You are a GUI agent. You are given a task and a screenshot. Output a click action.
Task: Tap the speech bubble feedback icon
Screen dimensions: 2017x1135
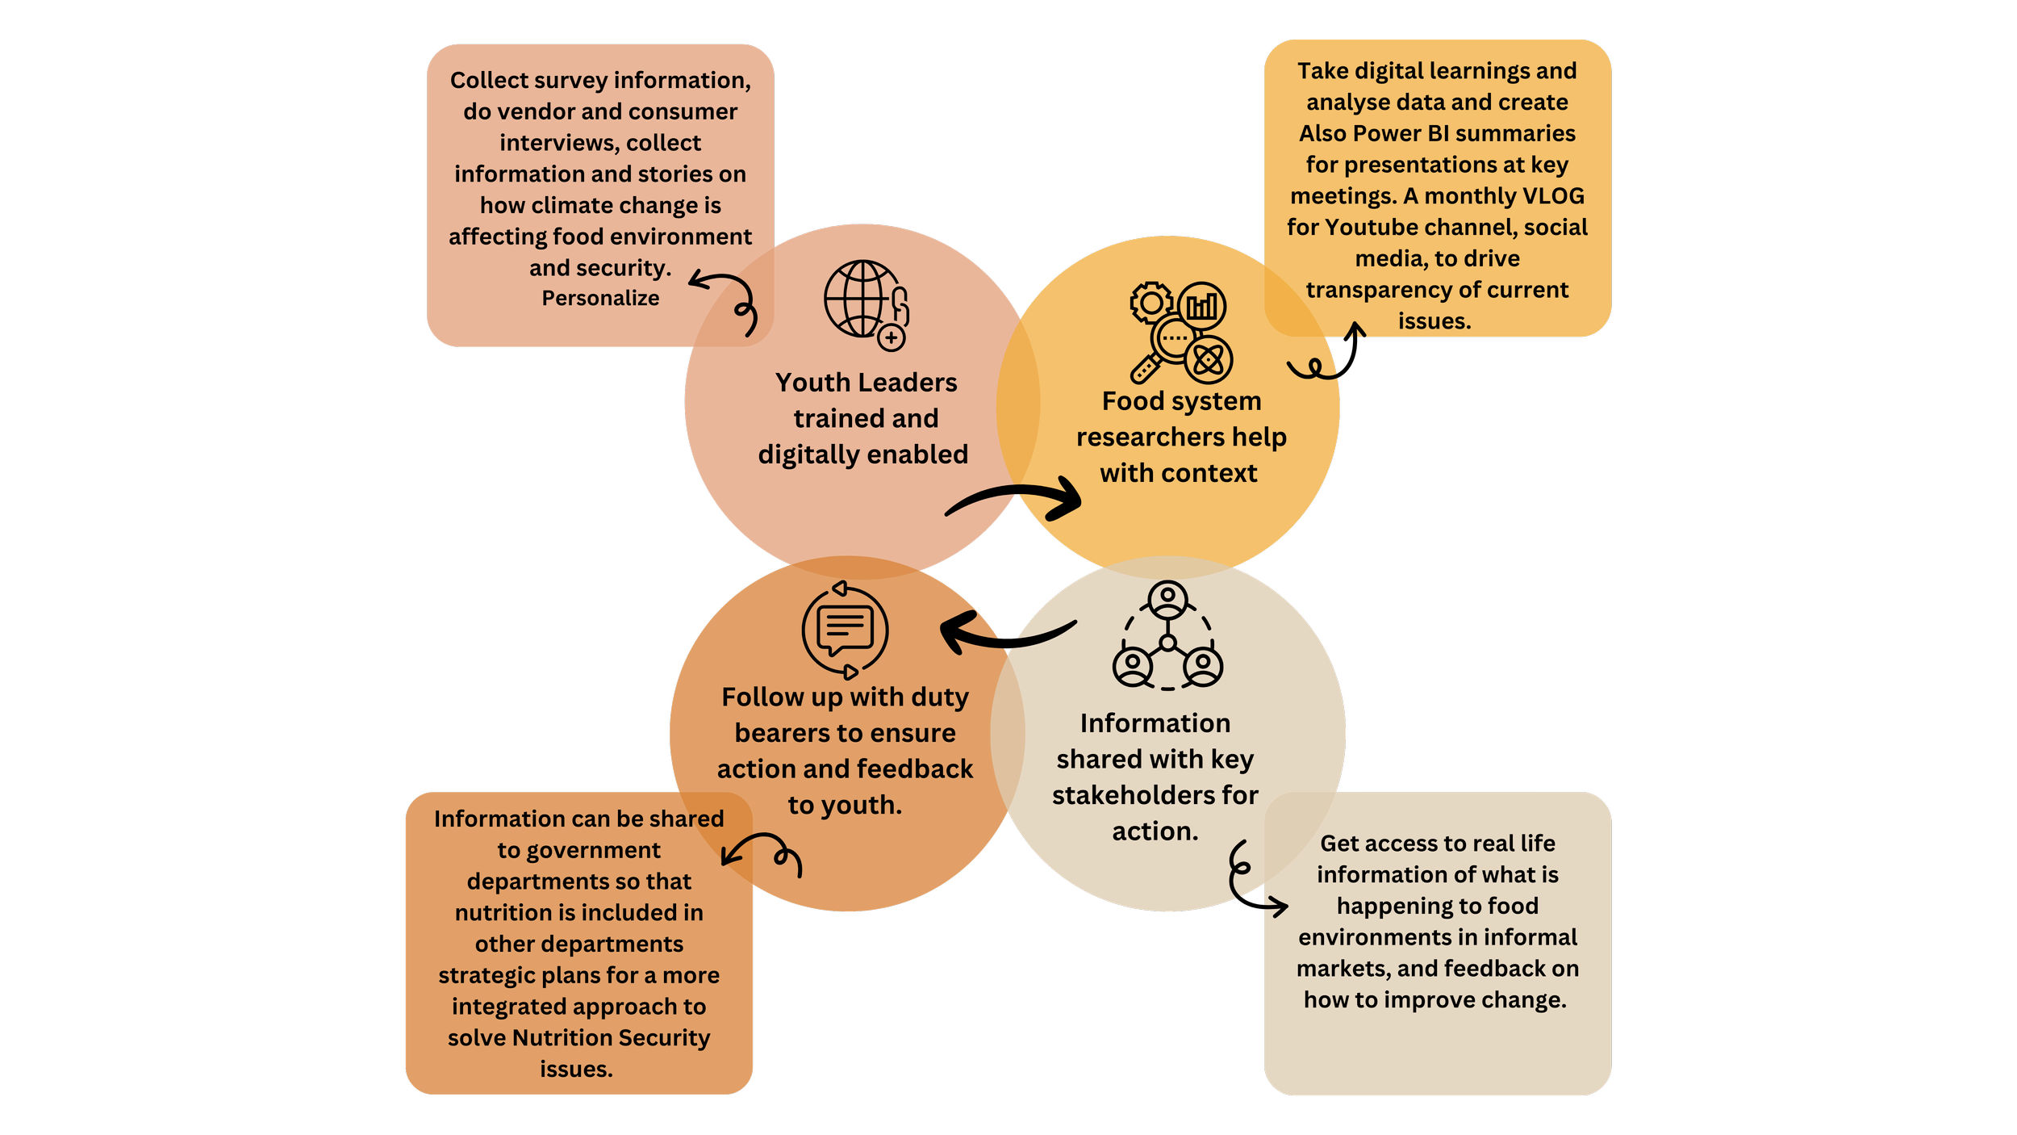845,630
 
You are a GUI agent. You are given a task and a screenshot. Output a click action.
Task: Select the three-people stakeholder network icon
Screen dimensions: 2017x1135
1167,636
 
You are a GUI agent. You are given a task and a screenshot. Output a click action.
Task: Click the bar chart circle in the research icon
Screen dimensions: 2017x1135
1202,306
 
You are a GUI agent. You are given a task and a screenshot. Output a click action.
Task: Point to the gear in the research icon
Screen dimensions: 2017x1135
1151,303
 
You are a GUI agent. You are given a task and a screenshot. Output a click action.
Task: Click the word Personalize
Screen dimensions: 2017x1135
600,299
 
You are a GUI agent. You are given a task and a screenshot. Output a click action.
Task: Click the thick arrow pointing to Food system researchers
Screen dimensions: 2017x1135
1017,498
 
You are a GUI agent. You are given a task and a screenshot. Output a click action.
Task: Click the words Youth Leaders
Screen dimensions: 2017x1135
866,383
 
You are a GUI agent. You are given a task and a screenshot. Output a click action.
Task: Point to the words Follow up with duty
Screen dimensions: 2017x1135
845,697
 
